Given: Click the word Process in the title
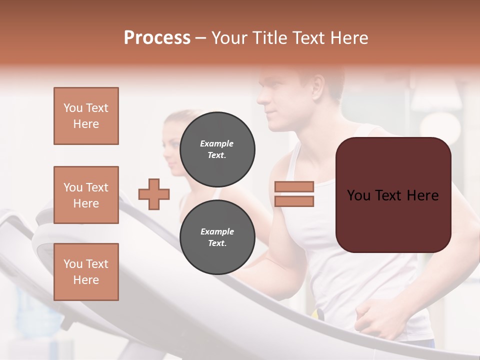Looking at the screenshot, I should click(157, 38).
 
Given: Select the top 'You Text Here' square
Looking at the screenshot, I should click(86, 116).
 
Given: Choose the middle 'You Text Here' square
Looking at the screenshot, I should click(86, 195).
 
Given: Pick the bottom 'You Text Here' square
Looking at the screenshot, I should click(86, 272).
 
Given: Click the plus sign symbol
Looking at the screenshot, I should click(154, 194).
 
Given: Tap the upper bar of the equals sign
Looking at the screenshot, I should click(294, 186).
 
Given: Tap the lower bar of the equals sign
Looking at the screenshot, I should click(294, 201).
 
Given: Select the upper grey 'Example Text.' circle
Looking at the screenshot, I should click(217, 149).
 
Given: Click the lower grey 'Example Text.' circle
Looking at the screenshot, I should click(217, 237).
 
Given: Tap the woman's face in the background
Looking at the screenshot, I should click(172, 145).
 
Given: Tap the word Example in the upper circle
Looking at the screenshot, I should click(216, 143).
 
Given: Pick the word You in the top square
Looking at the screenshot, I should click(72, 108).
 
